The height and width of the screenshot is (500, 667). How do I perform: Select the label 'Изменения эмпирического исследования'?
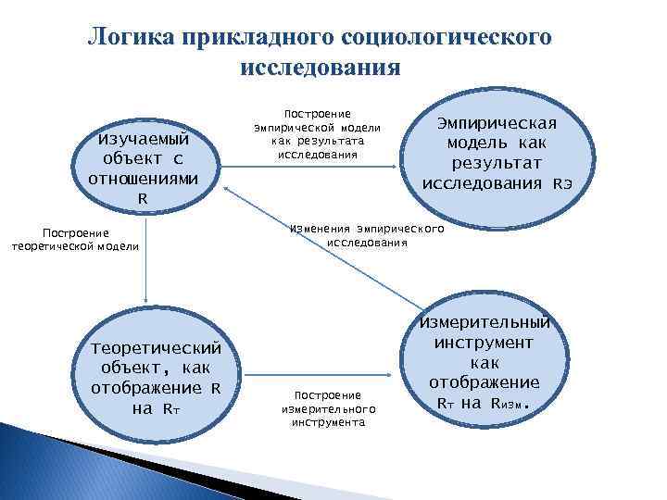[x=367, y=234]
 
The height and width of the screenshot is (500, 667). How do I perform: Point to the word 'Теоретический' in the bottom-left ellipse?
[x=156, y=348]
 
